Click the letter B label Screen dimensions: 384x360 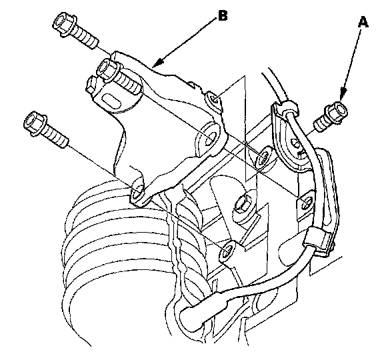pyautogui.click(x=223, y=15)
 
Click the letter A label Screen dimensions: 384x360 pyautogui.click(x=363, y=22)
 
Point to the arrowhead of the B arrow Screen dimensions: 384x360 pyautogui.click(x=157, y=63)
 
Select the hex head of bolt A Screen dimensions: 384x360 pyautogui.click(x=336, y=113)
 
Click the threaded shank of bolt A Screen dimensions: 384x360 pyautogui.click(x=320, y=125)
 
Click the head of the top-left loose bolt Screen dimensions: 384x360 pyautogui.click(x=64, y=25)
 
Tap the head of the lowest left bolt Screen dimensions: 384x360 pyautogui.click(x=35, y=124)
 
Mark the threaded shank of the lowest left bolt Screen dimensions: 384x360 pyautogui.click(x=56, y=139)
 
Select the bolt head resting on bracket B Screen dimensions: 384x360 pyautogui.click(x=108, y=69)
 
